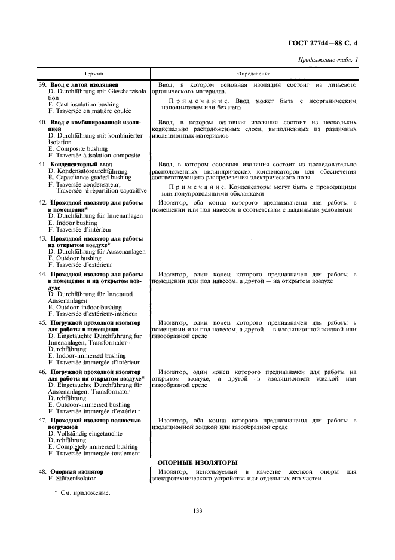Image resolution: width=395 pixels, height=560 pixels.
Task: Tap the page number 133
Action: [198, 510]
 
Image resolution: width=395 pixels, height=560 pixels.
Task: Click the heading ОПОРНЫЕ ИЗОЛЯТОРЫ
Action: [197, 462]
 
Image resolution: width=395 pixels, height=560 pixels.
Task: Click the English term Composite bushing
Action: [78, 148]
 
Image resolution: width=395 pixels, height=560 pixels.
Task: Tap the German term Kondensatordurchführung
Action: [88, 171]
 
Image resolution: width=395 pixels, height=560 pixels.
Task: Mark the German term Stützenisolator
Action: [75, 479]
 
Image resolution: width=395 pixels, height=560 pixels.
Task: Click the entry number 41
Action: [42, 164]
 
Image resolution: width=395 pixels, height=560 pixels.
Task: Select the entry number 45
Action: [42, 322]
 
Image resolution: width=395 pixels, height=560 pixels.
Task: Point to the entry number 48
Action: [42, 471]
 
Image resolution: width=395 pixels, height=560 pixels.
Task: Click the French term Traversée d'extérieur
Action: [80, 264]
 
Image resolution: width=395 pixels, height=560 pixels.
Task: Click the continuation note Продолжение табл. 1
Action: [330, 60]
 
